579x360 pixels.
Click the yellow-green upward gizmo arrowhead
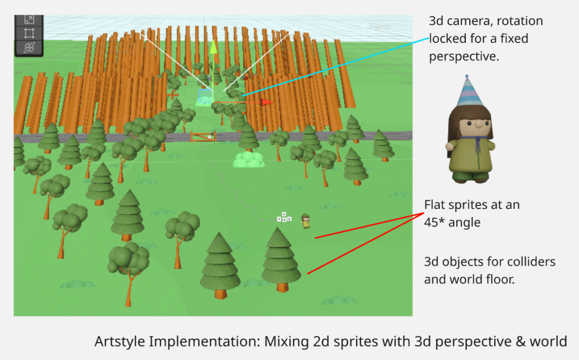click(x=213, y=47)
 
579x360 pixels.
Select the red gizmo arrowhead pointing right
click(x=267, y=102)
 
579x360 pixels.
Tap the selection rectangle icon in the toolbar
click(x=29, y=33)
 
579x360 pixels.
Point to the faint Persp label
click(x=379, y=26)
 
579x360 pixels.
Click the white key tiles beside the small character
click(x=284, y=217)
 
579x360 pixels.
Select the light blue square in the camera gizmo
click(x=205, y=95)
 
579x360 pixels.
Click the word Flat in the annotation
click(x=436, y=205)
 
